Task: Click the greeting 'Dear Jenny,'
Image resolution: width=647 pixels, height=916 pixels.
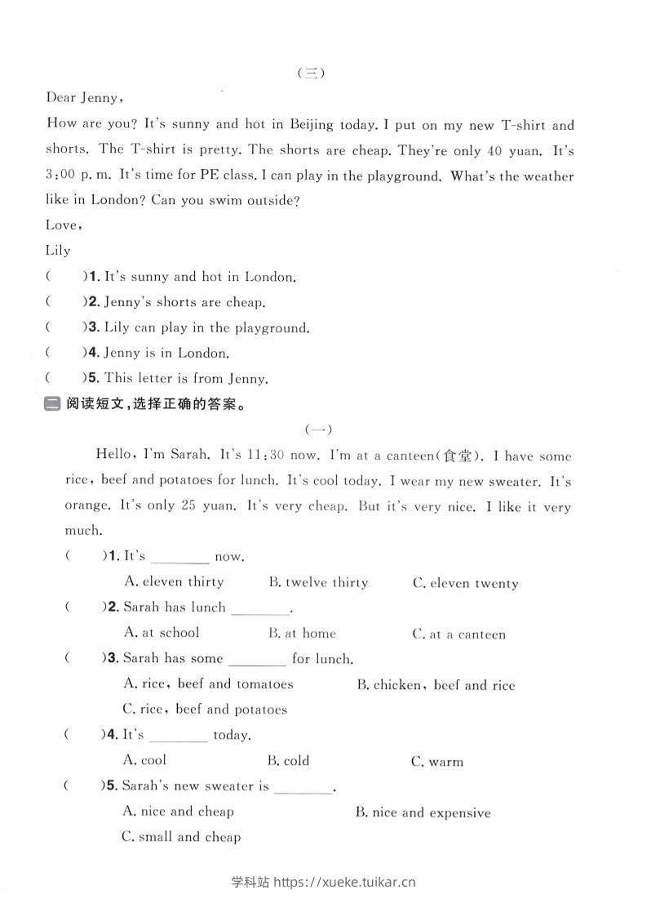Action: point(85,98)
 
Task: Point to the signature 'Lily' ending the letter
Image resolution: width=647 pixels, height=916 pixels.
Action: point(58,251)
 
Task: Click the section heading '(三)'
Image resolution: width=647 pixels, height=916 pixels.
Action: point(311,73)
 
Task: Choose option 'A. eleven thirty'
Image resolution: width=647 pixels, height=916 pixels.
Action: point(174,582)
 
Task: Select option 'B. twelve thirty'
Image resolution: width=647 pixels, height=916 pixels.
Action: point(318,583)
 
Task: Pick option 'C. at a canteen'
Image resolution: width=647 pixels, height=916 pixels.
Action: point(459,634)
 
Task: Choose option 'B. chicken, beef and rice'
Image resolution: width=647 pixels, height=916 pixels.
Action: point(436,686)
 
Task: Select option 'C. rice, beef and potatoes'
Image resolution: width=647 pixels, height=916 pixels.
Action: point(205,709)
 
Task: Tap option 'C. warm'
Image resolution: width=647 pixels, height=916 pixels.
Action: point(437,763)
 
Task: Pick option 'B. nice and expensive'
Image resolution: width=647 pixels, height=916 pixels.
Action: point(423,813)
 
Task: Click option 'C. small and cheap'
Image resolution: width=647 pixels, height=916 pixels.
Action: point(181,837)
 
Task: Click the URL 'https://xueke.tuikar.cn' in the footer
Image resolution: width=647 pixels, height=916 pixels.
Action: point(346,882)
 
